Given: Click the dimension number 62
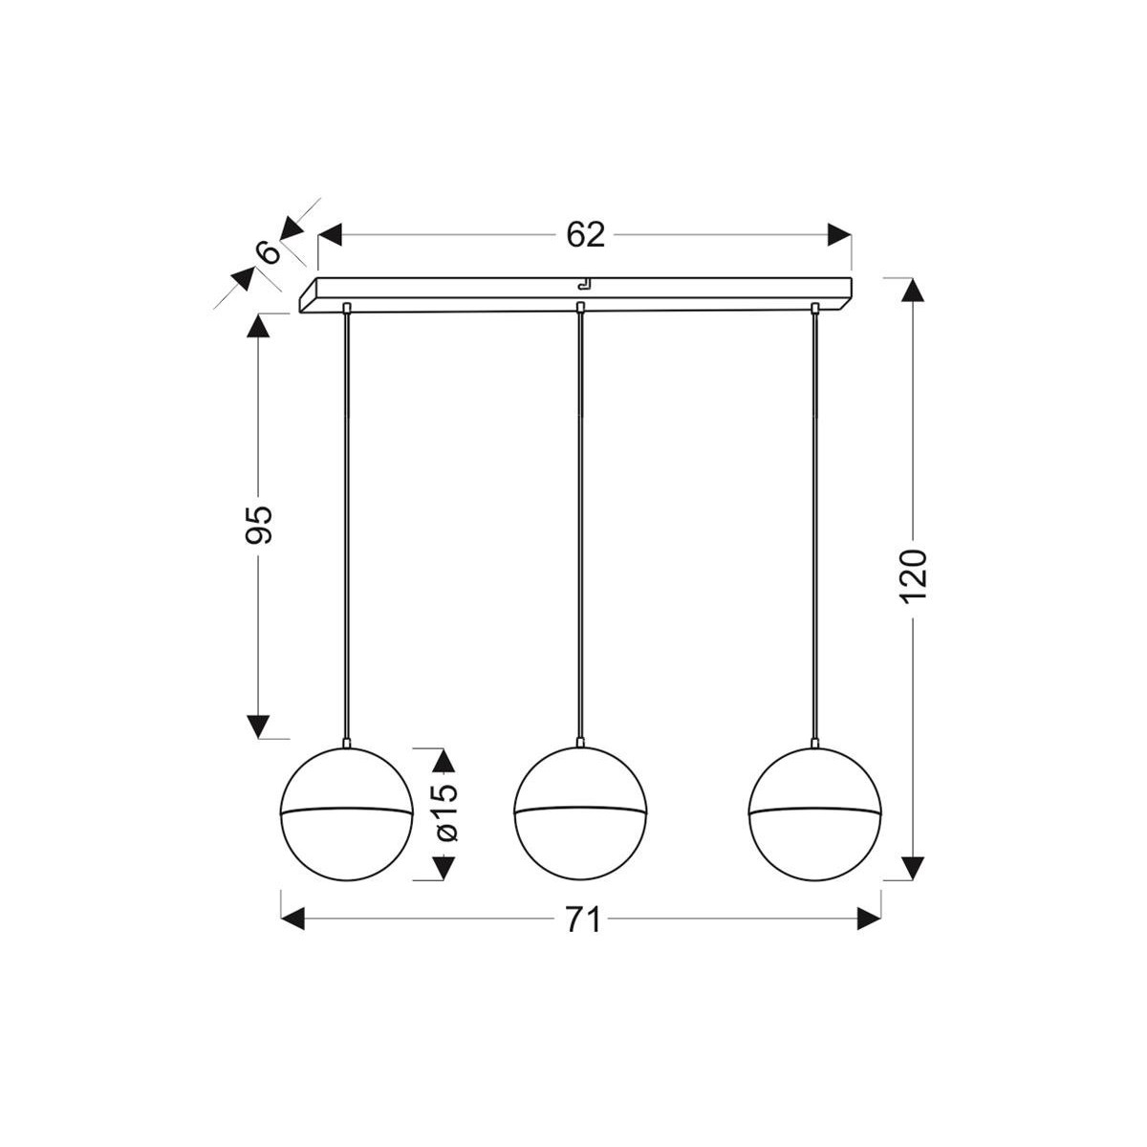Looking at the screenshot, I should [586, 234].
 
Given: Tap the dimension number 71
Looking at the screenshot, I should [582, 920].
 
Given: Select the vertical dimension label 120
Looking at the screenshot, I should [915, 575].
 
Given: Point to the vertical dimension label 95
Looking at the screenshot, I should [259, 523].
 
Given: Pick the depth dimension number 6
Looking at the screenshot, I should [270, 252].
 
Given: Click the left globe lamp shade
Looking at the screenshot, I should [345, 812].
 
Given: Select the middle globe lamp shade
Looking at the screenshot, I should [580, 812].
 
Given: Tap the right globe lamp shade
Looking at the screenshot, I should [814, 812].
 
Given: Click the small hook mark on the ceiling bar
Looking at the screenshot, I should [582, 283].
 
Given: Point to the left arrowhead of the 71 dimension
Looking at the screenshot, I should [292, 920].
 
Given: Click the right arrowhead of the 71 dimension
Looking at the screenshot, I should [868, 920].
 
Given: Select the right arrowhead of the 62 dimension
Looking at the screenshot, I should [839, 235].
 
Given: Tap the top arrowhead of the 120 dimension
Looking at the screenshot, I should [915, 291].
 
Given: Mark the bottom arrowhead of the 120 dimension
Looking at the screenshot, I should [915, 867].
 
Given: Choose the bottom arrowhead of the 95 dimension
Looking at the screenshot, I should [259, 726].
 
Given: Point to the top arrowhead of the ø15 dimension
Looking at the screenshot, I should [443, 761].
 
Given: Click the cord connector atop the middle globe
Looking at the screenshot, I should [580, 742].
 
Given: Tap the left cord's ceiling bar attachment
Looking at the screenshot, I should [345, 308].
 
